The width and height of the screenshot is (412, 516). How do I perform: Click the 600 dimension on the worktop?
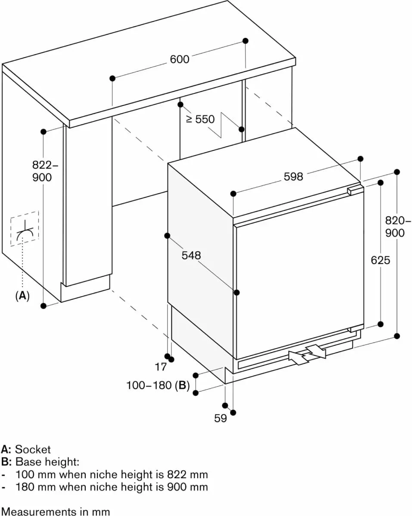(x=180, y=59)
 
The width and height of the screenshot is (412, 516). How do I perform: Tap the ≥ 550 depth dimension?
(x=200, y=119)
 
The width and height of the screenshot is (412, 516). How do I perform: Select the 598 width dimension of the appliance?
(x=293, y=176)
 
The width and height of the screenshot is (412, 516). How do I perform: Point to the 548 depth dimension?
(x=191, y=255)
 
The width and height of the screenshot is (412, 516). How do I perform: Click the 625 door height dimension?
(x=380, y=260)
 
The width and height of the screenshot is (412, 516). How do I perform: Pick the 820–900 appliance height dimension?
(x=395, y=227)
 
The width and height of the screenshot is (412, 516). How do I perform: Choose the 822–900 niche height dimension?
(x=42, y=171)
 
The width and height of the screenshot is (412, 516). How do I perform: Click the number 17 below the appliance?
(x=161, y=367)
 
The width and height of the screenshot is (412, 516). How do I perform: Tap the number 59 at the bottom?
(x=220, y=418)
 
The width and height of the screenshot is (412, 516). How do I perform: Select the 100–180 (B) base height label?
(x=158, y=386)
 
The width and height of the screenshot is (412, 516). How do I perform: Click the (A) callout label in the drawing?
(x=22, y=296)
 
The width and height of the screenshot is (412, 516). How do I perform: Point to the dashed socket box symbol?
(x=25, y=229)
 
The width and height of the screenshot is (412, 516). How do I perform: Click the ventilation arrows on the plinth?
(x=307, y=354)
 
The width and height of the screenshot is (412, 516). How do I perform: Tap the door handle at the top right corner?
(x=355, y=190)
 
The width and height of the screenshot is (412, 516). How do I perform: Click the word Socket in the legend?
(x=33, y=450)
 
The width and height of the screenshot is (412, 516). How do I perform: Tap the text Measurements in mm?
(x=55, y=512)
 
